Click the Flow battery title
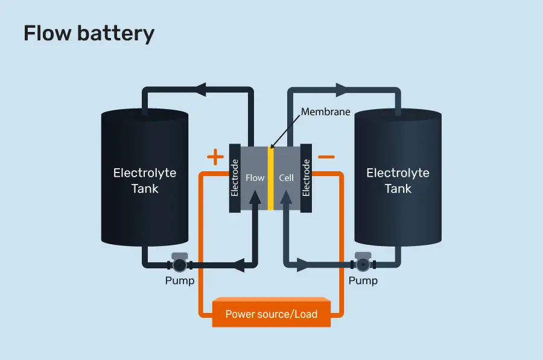(89, 33)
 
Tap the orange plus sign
(215, 158)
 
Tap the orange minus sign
(326, 157)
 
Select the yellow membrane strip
(271, 178)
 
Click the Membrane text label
(326, 112)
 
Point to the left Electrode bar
(235, 178)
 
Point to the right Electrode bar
(306, 178)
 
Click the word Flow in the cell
(255, 178)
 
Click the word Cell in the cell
(286, 178)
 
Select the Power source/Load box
(271, 314)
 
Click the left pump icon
(180, 264)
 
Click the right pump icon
(363, 264)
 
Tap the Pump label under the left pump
(180, 281)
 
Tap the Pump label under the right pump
(363, 281)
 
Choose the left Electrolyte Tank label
(145, 180)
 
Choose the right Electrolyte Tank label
(398, 180)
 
